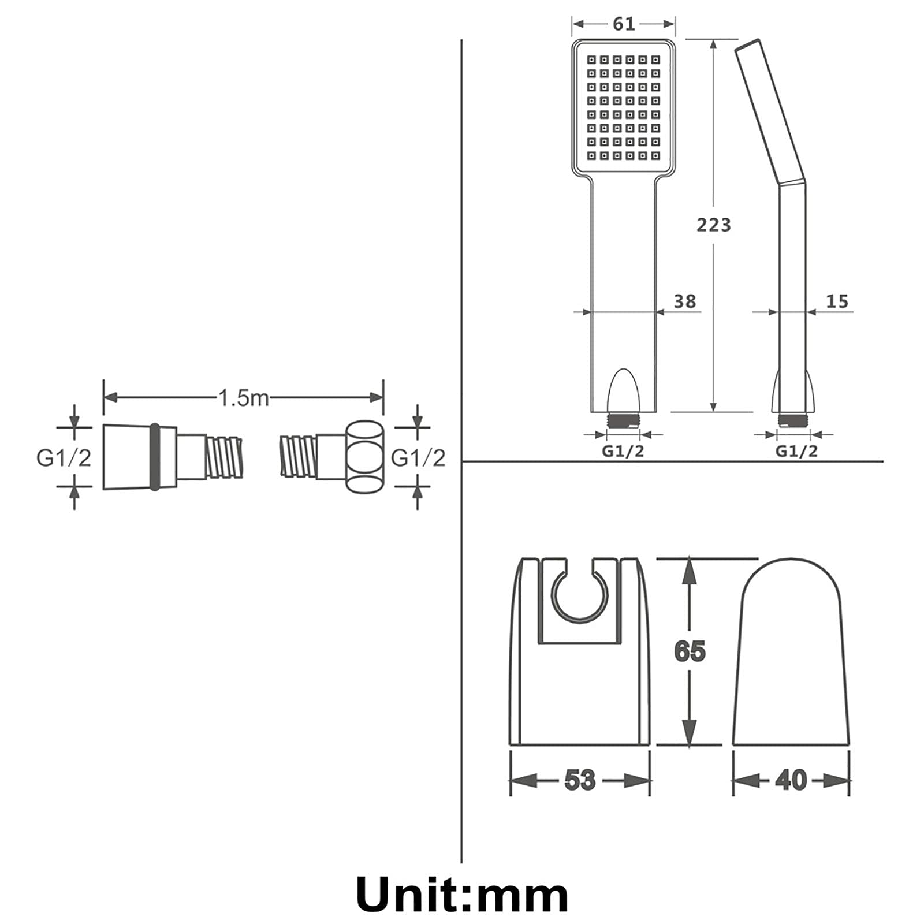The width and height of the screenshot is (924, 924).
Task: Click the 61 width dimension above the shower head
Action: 624,24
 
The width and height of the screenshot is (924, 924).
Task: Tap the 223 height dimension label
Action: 714,225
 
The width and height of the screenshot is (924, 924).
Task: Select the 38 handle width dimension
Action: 685,301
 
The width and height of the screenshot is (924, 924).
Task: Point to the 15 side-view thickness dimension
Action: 837,301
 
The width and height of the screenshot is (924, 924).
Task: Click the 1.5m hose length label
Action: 243,397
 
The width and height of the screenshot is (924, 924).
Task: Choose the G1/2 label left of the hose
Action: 64,458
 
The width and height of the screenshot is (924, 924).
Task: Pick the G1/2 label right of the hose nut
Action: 418,458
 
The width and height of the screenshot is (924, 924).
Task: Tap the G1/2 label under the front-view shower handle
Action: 623,451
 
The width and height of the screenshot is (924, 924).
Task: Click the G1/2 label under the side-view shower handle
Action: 796,451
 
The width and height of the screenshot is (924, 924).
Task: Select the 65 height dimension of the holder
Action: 690,651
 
